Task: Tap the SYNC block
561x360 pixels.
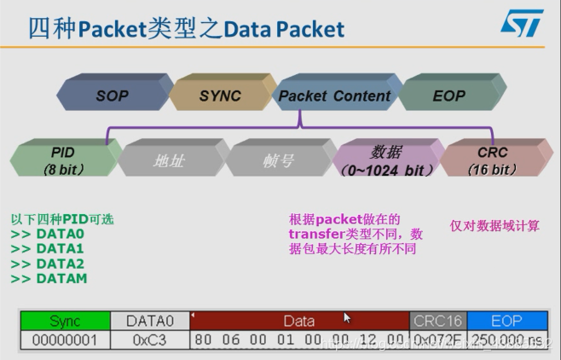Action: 220,96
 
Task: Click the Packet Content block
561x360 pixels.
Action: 334,96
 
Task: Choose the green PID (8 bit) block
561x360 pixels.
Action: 63,160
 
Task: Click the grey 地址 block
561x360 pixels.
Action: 168,160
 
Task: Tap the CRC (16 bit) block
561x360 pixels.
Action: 493,160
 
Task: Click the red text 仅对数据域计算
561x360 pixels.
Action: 494,226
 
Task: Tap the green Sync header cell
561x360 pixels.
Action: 65,321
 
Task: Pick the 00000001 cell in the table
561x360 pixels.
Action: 65,340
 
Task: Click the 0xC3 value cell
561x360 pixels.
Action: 150,340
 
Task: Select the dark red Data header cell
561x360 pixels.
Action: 298,321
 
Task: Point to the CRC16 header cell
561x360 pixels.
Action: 437,321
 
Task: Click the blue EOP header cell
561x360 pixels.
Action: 506,321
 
